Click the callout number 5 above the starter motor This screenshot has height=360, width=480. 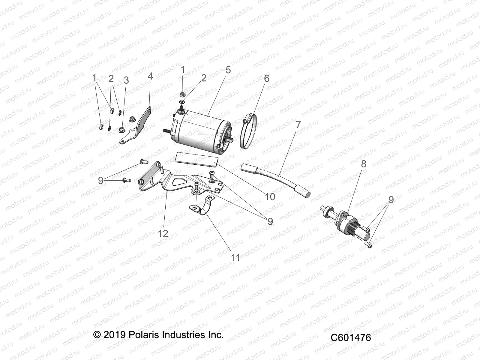(x=228, y=70)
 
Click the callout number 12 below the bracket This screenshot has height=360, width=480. (x=163, y=233)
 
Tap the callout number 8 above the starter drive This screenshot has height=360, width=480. (x=364, y=164)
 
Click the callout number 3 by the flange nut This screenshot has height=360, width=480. (x=126, y=80)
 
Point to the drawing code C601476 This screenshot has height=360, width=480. (x=351, y=337)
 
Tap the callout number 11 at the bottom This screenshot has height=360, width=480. (x=235, y=258)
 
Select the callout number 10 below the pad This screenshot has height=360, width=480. (x=270, y=197)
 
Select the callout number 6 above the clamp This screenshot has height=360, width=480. (x=266, y=79)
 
